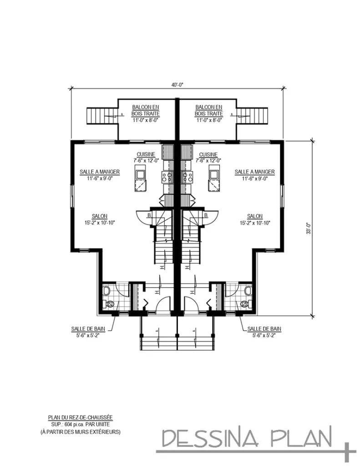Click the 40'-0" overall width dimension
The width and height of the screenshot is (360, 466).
(177, 85)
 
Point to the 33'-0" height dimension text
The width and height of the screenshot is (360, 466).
(308, 228)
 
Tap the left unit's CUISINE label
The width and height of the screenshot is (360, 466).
(145, 154)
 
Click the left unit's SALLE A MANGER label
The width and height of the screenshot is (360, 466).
(100, 172)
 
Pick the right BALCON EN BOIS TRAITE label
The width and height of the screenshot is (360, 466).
(209, 110)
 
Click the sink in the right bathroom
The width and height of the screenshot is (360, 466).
(248, 290)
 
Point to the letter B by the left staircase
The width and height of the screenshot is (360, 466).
(149, 215)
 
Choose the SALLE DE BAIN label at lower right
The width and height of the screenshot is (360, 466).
(264, 329)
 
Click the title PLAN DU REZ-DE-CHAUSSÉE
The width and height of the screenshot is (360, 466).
(80, 417)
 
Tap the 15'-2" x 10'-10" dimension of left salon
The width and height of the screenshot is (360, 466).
(100, 223)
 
